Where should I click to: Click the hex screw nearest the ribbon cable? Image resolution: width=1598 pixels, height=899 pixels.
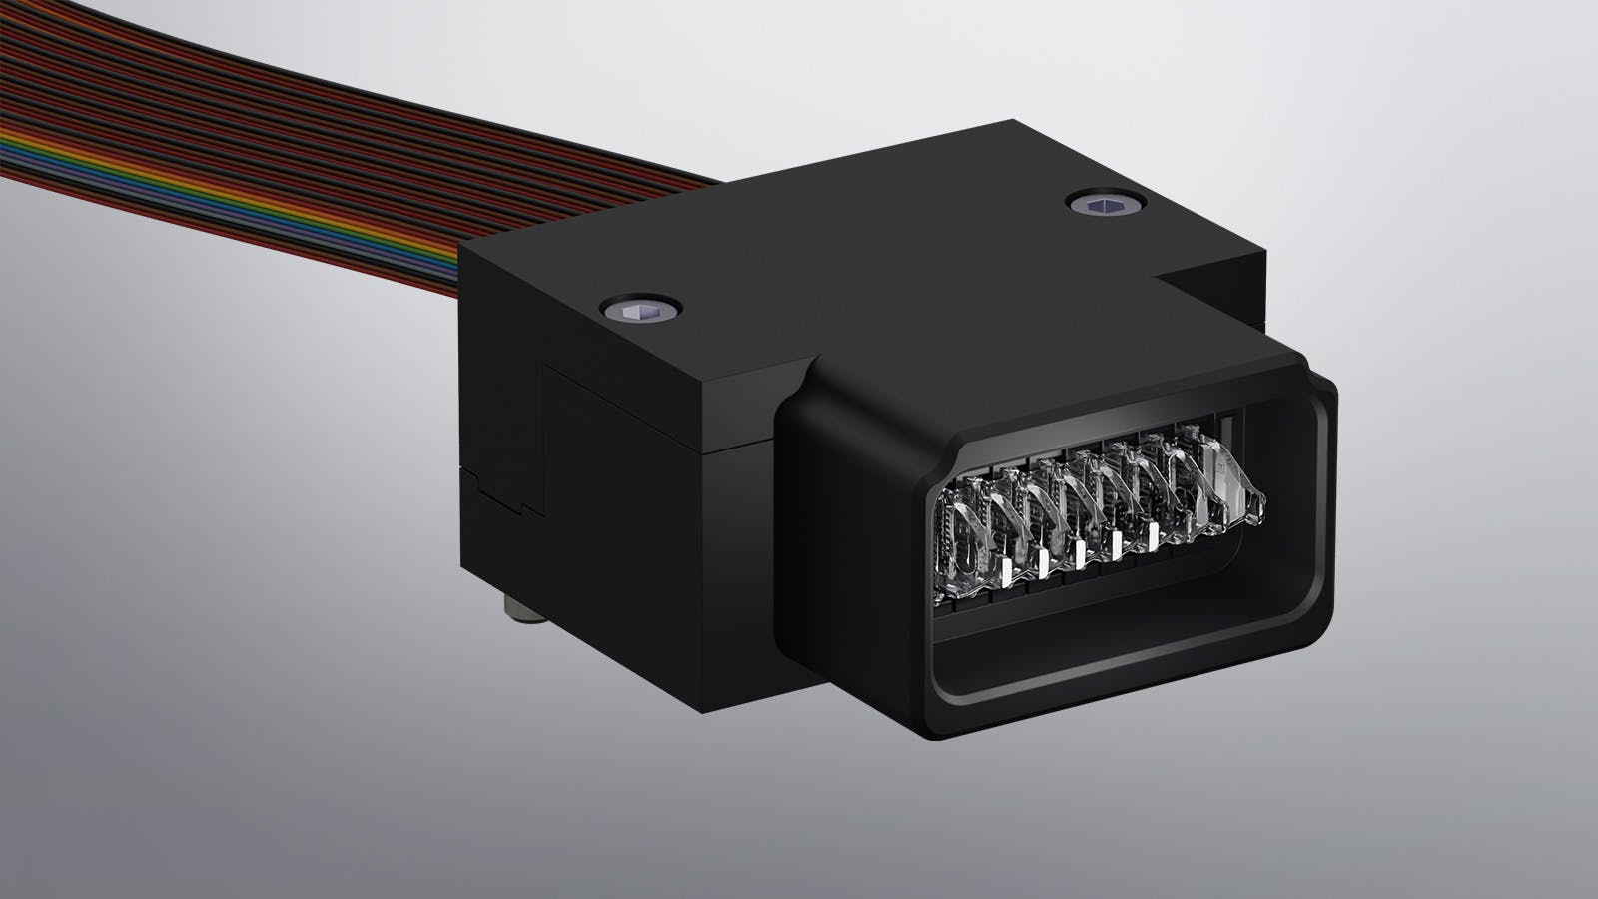tap(639, 312)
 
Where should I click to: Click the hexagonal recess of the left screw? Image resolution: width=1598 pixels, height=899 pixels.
tap(639, 312)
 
